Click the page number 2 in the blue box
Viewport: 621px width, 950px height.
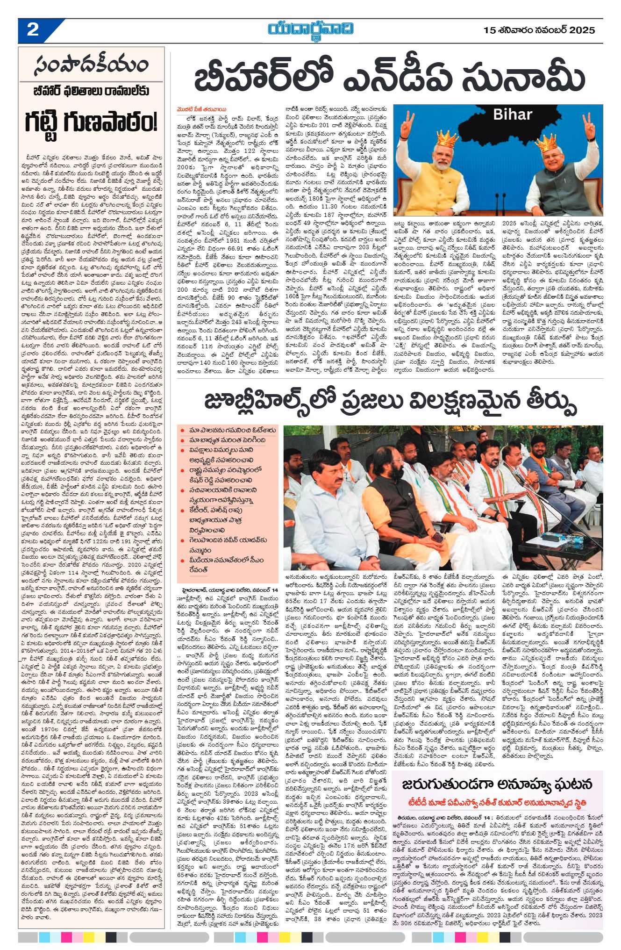[33, 30]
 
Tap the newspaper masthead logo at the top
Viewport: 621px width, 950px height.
[310, 29]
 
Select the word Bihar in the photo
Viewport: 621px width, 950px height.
[512, 115]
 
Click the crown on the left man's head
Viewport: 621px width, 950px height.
[447, 139]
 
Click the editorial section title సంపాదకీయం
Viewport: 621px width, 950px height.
[91, 65]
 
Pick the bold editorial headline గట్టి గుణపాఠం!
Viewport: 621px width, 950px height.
[91, 124]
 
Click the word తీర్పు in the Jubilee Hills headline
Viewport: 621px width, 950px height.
[543, 401]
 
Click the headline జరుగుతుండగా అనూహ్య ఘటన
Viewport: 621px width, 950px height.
[498, 784]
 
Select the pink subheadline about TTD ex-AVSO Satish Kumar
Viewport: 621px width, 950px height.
[498, 804]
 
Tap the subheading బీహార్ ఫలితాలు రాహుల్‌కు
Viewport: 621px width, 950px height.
[91, 91]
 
